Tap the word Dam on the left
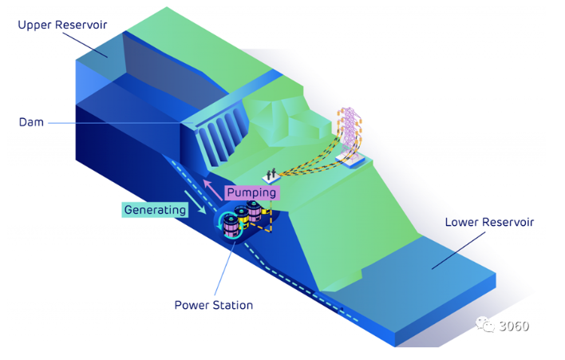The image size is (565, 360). pos(32,122)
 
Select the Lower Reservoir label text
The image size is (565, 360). pos(489,222)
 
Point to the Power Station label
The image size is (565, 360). pos(214,305)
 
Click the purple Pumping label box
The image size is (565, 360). pos(251,192)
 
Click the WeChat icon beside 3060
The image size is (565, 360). pos(487,324)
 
